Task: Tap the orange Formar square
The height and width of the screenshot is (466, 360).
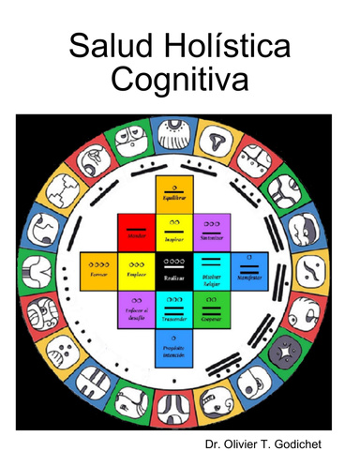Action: point(97,268)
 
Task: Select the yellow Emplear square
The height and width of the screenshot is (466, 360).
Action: point(134,268)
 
